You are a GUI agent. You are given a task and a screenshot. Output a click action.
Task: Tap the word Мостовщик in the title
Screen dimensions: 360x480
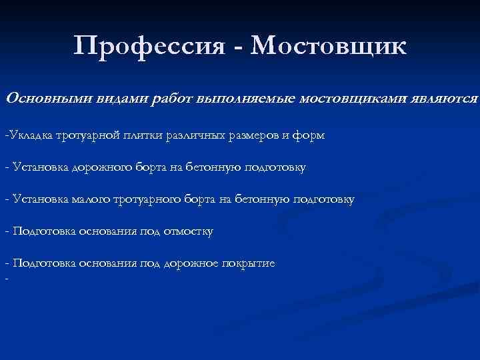click(x=330, y=47)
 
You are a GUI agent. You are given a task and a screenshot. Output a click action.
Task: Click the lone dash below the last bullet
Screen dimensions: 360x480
click(x=5, y=279)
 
